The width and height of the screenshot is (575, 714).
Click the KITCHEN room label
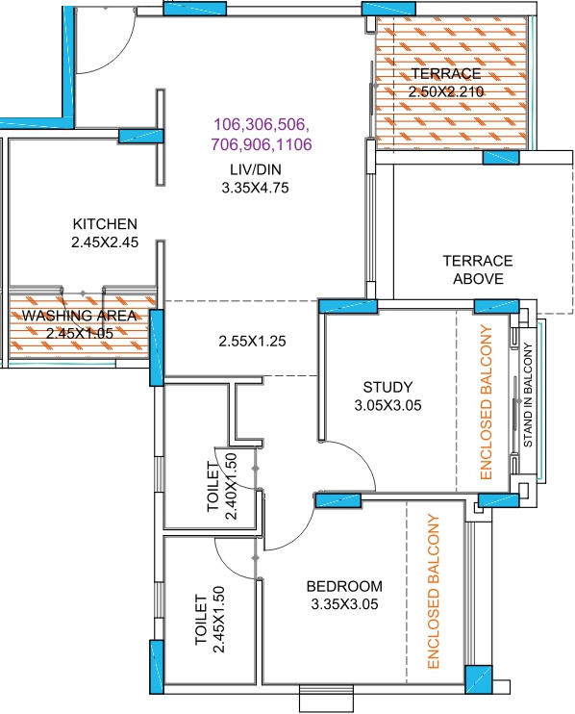point(105,223)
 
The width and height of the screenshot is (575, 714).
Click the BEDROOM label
point(344,586)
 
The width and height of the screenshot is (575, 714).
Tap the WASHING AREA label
point(80,316)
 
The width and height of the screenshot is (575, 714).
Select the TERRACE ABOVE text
point(477,269)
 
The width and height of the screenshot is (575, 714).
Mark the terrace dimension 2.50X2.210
point(445,91)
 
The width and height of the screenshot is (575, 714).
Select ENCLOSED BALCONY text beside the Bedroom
point(433,592)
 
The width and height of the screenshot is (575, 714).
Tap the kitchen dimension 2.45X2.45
point(105,242)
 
